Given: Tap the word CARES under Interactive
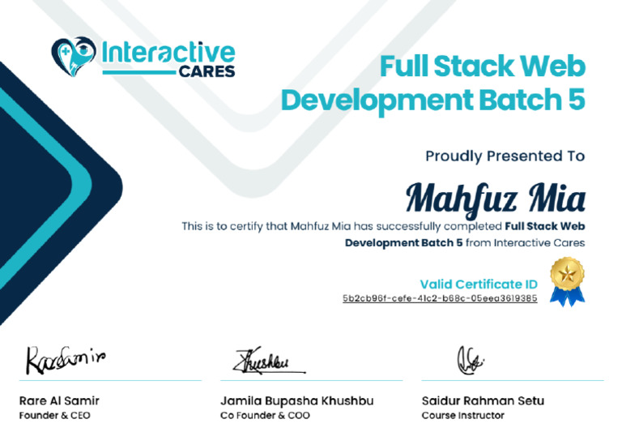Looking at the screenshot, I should (207, 71).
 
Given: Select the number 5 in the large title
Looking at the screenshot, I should (573, 101).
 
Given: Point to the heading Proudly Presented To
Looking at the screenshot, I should (505, 156).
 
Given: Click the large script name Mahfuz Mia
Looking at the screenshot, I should (495, 197).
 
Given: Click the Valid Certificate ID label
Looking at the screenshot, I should (478, 284).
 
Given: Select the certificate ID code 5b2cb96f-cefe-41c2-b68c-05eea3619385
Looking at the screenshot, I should (440, 298).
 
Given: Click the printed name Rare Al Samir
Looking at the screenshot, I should (59, 400).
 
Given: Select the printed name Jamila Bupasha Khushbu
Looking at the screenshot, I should (296, 400).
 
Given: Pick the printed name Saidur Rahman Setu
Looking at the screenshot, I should (483, 400).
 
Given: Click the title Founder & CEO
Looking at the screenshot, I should (54, 416).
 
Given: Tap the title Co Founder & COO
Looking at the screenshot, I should (264, 416).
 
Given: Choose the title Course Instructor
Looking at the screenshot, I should (462, 416).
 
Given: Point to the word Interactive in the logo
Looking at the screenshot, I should (168, 53).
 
